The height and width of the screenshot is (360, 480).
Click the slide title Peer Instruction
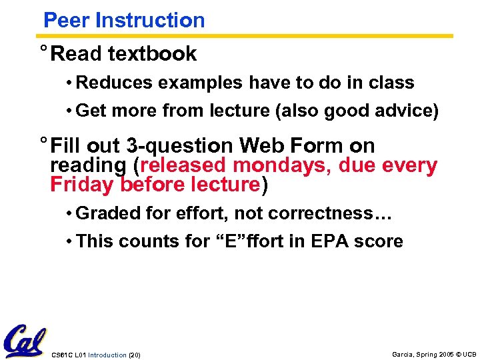pos(124,20)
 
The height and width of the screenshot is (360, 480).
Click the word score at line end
pos(381,241)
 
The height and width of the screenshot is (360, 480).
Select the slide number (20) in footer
pos(133,355)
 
